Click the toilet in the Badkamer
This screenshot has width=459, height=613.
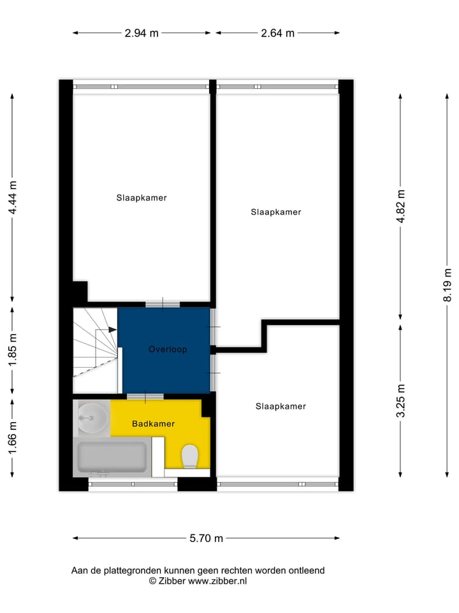coord(189,457)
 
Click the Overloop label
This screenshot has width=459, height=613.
coord(168,349)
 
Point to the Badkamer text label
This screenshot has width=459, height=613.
coord(153,424)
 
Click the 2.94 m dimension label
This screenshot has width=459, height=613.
coord(142,33)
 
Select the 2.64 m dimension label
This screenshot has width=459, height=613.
coord(278,33)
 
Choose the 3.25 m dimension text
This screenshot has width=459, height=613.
coord(400,401)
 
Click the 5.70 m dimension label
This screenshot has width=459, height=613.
coord(207,538)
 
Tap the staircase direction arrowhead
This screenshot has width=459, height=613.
coord(113,329)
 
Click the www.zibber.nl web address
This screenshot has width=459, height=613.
coord(217,581)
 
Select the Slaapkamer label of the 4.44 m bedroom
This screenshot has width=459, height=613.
coord(142,198)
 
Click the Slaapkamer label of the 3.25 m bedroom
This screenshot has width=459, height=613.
coord(280,406)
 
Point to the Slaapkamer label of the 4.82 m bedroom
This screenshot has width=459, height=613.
coord(276,212)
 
